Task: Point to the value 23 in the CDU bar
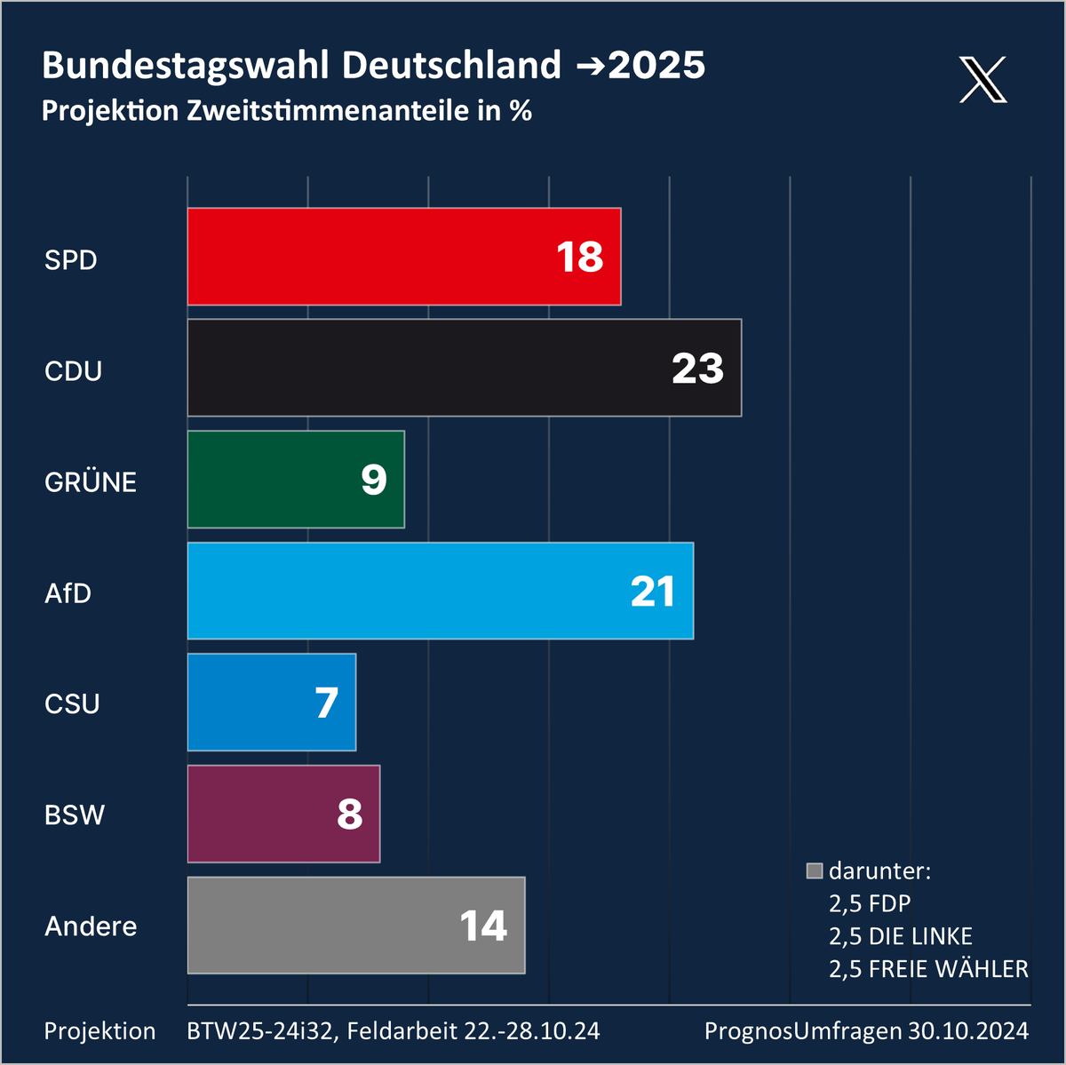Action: [x=697, y=369]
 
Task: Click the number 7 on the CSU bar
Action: [x=327, y=703]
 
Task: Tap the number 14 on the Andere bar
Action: [x=483, y=926]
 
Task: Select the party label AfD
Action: [x=68, y=592]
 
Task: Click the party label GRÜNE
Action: [x=91, y=482]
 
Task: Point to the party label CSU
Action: [x=72, y=703]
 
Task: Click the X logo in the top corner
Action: [x=983, y=80]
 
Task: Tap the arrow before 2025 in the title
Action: [x=591, y=67]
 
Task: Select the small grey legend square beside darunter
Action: [x=815, y=870]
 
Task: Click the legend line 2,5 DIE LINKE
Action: [x=900, y=936]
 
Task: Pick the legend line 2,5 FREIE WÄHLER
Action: [x=928, y=968]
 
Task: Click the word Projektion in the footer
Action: [x=99, y=1031]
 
